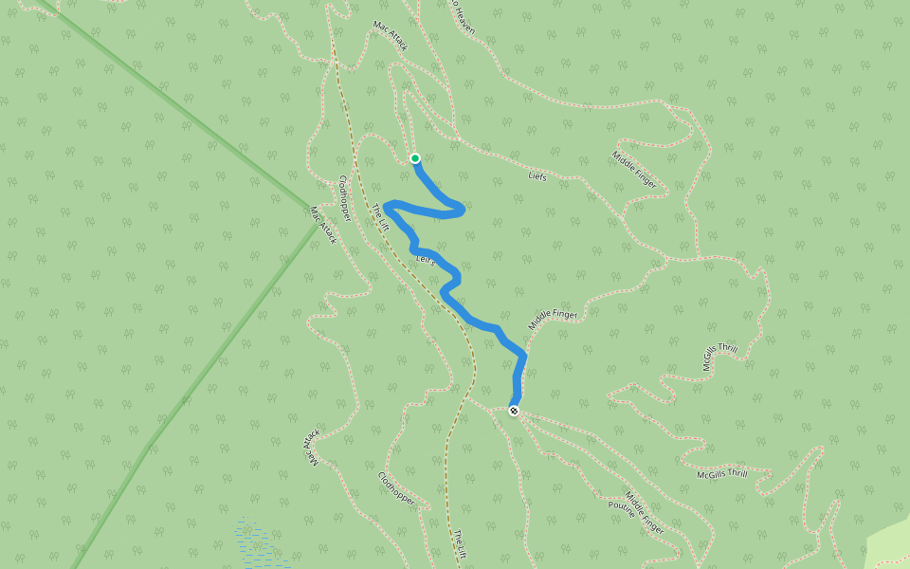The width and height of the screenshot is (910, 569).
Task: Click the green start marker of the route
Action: tap(414, 158)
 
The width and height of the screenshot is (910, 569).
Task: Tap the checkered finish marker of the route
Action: tap(513, 411)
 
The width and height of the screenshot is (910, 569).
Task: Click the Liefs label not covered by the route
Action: tap(537, 176)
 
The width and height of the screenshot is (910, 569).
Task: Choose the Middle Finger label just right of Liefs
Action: tap(634, 170)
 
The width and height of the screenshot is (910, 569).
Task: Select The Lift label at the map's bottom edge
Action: tap(461, 544)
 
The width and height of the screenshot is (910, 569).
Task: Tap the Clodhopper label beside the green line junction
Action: tap(345, 199)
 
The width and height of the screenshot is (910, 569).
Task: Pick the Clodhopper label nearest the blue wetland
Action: tap(396, 488)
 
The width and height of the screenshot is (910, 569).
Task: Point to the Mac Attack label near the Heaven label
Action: tap(390, 36)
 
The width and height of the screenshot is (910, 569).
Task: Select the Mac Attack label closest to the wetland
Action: tap(312, 448)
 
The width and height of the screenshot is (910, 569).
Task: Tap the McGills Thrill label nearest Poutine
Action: tap(722, 474)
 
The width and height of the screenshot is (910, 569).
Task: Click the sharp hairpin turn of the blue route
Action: tap(389, 205)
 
